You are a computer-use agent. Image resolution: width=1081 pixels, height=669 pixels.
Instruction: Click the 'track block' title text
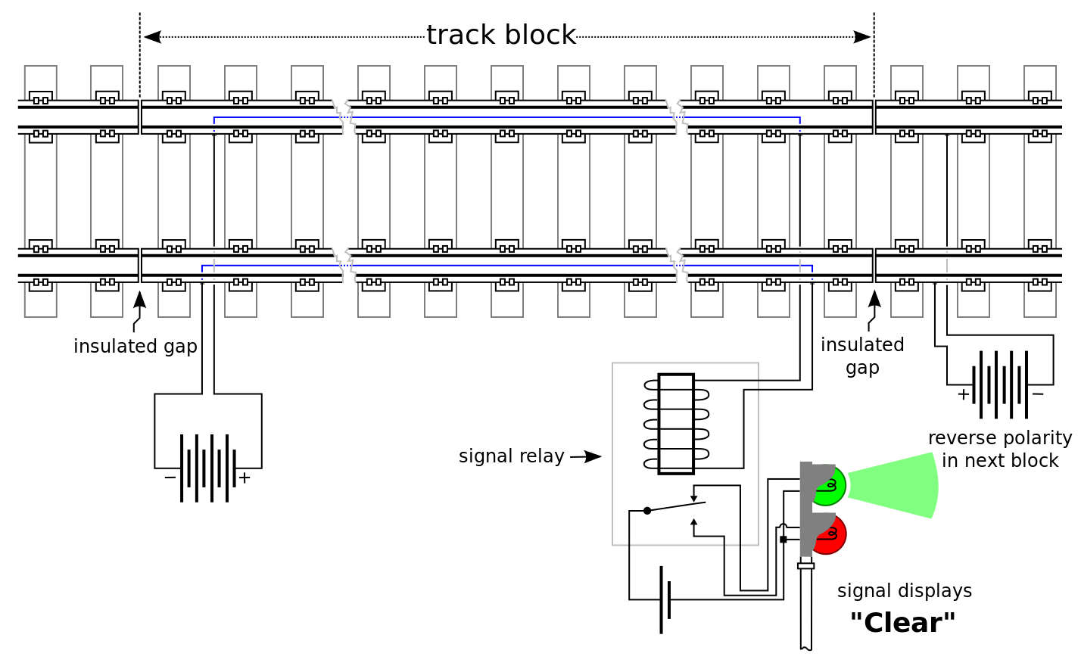point(501,35)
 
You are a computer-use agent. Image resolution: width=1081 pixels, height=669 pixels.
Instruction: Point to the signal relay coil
point(676,424)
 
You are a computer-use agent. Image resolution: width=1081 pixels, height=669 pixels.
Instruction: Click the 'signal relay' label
point(511,456)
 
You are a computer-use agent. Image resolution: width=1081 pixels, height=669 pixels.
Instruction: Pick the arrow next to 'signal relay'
point(586,456)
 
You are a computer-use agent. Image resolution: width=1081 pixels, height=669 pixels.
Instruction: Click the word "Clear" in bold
point(902,623)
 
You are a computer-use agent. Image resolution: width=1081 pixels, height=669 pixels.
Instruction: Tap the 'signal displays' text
point(905,591)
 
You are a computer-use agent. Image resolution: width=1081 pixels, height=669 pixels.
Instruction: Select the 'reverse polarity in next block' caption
point(1000,449)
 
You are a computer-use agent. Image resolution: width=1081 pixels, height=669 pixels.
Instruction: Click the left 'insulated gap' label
point(135,347)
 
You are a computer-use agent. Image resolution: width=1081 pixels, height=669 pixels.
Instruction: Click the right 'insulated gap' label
point(862,356)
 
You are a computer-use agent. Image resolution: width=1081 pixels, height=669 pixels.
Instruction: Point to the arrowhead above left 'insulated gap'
point(139,299)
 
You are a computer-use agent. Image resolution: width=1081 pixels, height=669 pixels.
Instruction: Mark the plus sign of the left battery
point(245,478)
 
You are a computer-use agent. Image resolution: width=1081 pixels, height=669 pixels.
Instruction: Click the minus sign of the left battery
point(170,478)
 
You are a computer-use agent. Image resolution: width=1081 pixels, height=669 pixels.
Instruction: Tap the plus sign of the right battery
point(963,394)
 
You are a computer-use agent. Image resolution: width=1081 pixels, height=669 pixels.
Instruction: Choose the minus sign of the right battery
point(1038,394)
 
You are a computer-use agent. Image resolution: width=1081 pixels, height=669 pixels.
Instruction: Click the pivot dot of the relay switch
point(647,510)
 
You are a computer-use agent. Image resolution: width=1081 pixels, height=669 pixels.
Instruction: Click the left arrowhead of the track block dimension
point(152,36)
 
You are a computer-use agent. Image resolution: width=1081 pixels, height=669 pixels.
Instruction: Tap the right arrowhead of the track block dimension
point(862,36)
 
